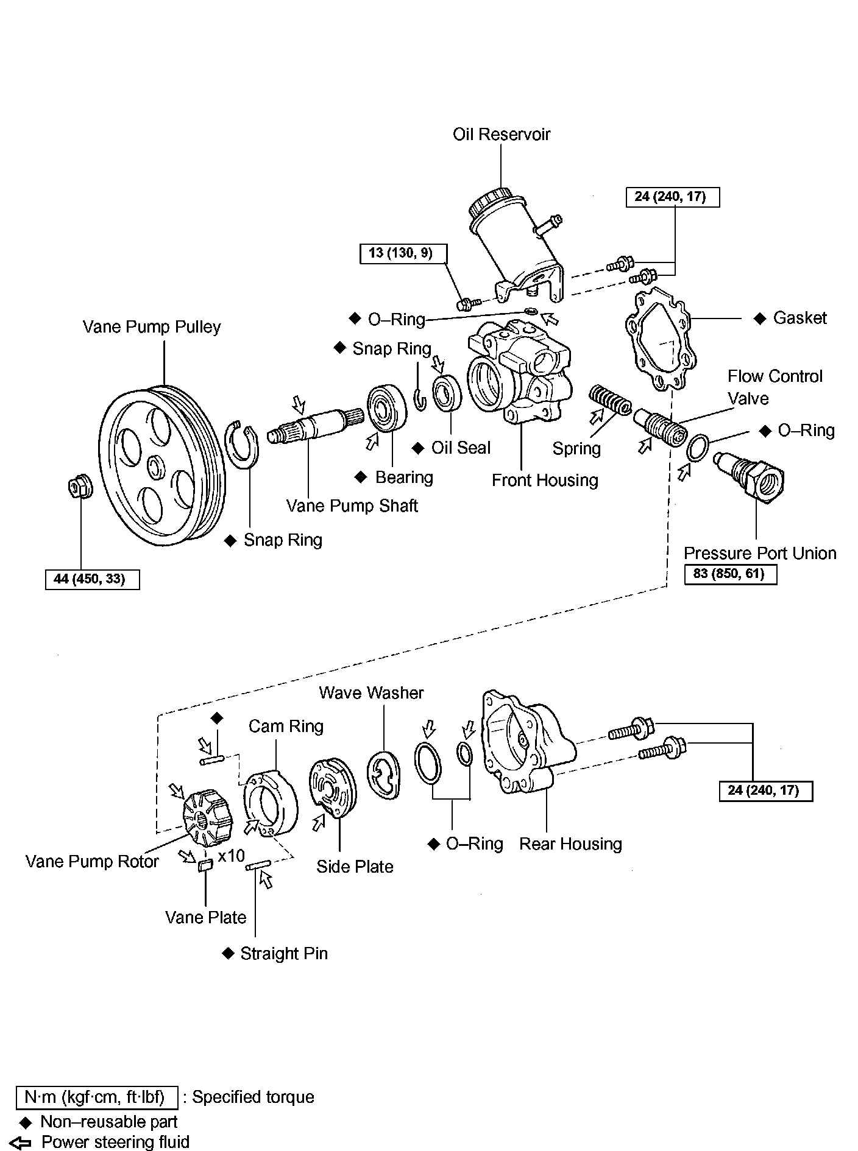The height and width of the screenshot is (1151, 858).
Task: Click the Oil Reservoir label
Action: [501, 134]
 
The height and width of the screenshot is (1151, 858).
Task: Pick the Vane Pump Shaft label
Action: [352, 505]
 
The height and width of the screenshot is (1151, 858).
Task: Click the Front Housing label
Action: [545, 480]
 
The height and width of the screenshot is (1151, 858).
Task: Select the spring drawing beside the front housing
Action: [609, 400]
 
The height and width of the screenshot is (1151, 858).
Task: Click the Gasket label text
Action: [800, 318]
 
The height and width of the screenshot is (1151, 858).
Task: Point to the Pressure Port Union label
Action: [760, 553]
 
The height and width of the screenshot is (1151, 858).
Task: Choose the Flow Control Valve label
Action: [775, 387]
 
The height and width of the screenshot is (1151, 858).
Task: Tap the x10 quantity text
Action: [232, 856]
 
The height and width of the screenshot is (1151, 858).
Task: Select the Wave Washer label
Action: [371, 692]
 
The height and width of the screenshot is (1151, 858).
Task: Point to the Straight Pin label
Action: [284, 953]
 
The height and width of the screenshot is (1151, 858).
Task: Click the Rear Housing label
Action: [570, 843]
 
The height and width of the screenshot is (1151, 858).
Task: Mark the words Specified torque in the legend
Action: [253, 1097]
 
